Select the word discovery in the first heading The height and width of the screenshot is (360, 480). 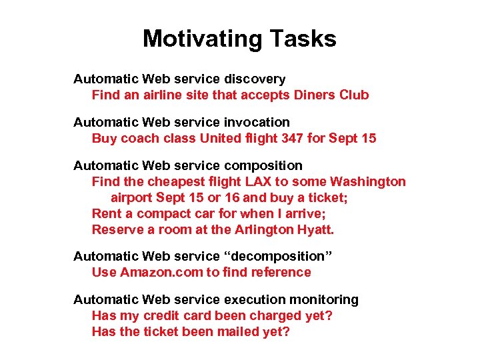click(x=255, y=79)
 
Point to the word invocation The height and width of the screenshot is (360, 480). click(x=257, y=122)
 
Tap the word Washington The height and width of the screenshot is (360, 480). click(x=368, y=181)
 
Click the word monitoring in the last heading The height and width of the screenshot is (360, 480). click(x=325, y=299)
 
